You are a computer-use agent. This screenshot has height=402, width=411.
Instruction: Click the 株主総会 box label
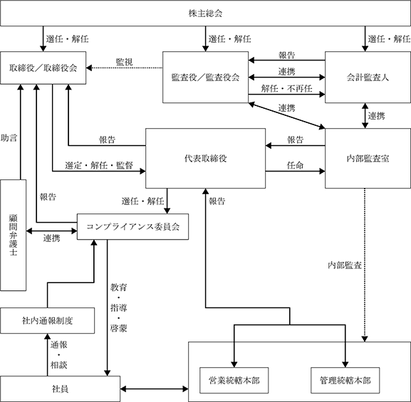[205, 13]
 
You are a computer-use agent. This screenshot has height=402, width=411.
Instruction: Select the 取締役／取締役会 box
[43, 68]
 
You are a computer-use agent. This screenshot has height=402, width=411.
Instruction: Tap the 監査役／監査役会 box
[205, 77]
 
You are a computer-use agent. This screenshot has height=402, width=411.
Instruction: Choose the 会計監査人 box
[368, 77]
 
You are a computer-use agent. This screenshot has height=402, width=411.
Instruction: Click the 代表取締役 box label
[205, 158]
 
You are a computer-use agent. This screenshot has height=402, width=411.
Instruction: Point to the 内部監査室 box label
[368, 158]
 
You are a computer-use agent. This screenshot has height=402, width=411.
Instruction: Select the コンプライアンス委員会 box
[132, 226]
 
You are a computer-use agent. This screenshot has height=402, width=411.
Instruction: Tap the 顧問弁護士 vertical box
[13, 235]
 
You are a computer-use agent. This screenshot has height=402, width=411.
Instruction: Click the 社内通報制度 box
[48, 320]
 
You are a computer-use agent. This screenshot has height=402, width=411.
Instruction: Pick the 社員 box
[61, 389]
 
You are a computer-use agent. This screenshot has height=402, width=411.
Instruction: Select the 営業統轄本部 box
[234, 380]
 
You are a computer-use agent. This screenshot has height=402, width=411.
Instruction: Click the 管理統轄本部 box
[345, 380]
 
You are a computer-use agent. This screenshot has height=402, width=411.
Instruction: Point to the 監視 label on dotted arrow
[124, 62]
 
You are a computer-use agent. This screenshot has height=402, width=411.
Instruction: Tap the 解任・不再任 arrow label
[286, 88]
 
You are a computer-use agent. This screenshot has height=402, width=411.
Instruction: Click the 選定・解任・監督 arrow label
[99, 165]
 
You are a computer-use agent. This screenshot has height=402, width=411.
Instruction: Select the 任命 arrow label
[295, 165]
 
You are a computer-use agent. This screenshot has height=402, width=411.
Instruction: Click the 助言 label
[9, 138]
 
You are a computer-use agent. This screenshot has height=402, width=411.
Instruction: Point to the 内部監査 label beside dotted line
[345, 265]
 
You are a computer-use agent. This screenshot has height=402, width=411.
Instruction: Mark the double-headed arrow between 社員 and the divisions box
[154, 389]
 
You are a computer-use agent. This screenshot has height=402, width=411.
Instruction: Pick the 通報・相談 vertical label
[58, 355]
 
